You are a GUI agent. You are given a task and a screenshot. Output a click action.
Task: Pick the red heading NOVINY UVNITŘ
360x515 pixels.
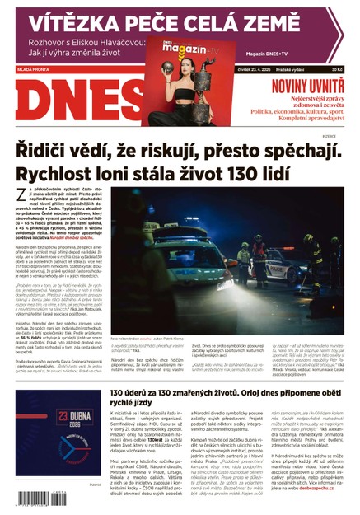pyautogui.click(x=303, y=84)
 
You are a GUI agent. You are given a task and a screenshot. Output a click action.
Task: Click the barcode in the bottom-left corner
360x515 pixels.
pyautogui.click(x=41, y=498)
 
